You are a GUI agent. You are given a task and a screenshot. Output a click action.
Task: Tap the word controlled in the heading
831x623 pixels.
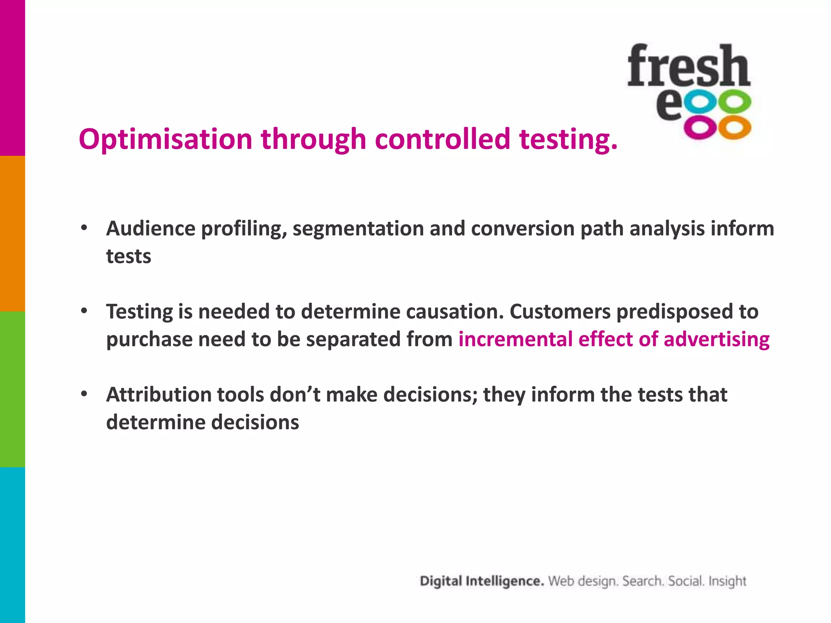(442, 139)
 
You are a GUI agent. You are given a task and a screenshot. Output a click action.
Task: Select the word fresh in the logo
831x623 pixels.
(688, 66)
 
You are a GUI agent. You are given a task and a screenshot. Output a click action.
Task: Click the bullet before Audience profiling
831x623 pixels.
(84, 228)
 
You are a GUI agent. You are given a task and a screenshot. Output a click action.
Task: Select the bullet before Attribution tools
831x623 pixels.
(84, 394)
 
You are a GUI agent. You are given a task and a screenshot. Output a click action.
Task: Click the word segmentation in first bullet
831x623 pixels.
(358, 228)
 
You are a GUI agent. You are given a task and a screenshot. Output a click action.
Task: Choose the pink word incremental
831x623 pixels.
(515, 339)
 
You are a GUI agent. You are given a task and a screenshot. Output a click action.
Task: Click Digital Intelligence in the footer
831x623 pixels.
(481, 581)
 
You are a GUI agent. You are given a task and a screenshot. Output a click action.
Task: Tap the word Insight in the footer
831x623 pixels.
(727, 581)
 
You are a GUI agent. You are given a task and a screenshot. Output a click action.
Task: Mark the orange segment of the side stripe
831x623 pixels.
(12, 234)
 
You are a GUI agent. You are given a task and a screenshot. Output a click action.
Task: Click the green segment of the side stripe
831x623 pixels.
(12, 389)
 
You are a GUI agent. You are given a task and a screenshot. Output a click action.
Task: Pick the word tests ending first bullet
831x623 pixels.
(128, 256)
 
